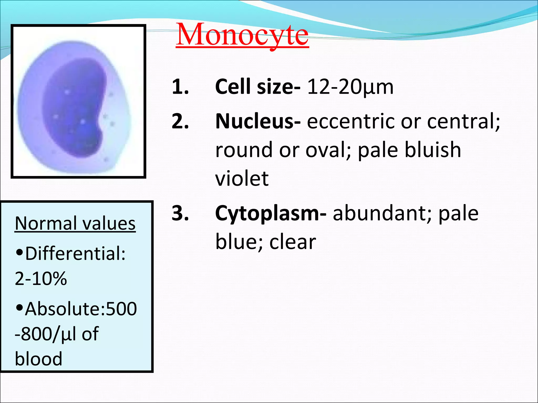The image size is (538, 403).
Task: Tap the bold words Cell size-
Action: (x=257, y=87)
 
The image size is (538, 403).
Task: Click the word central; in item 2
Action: (x=463, y=121)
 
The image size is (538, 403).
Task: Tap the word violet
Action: (x=242, y=178)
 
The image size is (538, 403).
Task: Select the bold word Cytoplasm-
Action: (x=271, y=214)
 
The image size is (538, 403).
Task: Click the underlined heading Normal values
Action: (x=75, y=224)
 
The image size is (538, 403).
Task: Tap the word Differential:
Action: (x=75, y=254)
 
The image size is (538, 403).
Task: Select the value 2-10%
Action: (x=41, y=279)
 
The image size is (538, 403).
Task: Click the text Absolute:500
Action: (x=80, y=309)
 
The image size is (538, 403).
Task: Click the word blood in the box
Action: (x=38, y=359)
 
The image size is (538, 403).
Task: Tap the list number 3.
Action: (x=180, y=213)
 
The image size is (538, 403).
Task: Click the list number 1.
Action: (x=180, y=87)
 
